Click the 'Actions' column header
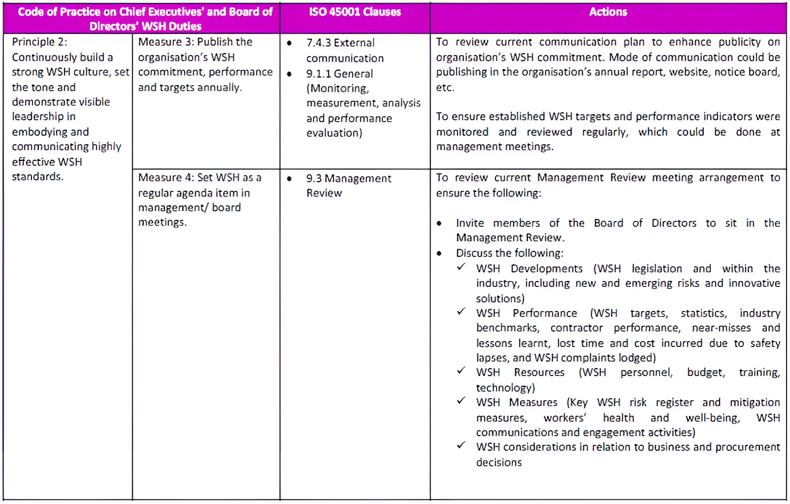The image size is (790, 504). click(x=608, y=12)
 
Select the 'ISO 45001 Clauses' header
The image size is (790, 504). click(x=355, y=12)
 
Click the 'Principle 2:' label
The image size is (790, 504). click(x=39, y=42)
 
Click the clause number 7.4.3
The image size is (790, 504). click(x=318, y=43)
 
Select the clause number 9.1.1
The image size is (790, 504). click(x=318, y=74)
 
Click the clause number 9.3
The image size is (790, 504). click(x=314, y=179)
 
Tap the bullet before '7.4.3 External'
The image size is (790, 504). click(x=289, y=43)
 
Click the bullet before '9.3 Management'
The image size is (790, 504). click(x=289, y=179)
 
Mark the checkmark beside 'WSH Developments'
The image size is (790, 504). click(x=461, y=267)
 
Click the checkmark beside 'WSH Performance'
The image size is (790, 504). click(x=461, y=312)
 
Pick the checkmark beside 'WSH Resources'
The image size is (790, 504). click(x=461, y=371)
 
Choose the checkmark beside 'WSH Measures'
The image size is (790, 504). click(x=461, y=401)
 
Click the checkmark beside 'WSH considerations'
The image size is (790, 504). click(x=461, y=445)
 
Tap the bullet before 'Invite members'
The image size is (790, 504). click(x=439, y=223)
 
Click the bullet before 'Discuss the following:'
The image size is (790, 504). click(x=439, y=253)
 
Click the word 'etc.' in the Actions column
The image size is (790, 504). click(x=444, y=88)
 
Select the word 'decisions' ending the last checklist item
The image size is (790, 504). click(x=499, y=462)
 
